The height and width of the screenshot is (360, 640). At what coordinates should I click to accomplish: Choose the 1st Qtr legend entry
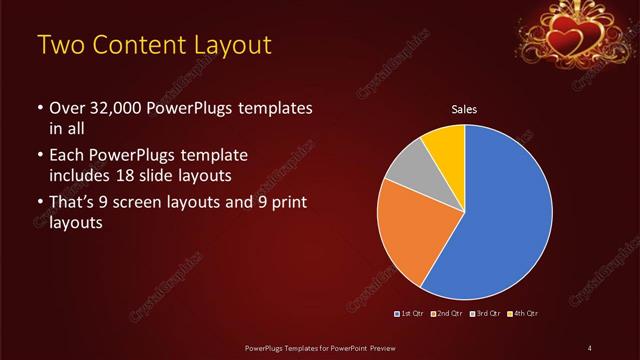(411, 314)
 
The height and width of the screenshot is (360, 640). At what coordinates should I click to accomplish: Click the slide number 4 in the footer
(590, 347)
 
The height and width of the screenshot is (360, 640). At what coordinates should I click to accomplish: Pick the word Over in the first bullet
(67, 108)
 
